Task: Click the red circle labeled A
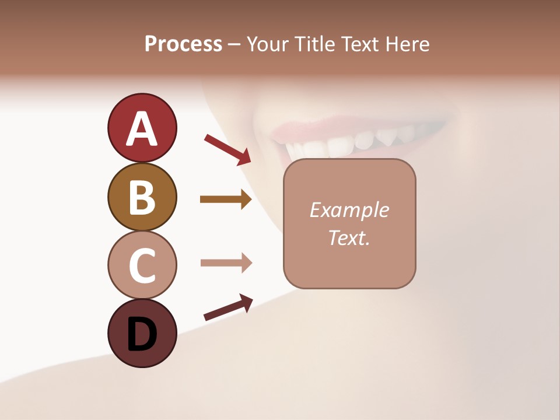(142, 128)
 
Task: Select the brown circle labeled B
(142, 197)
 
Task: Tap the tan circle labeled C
(142, 265)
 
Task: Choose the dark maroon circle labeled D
(142, 333)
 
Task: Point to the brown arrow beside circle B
(225, 199)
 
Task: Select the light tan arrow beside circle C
(225, 263)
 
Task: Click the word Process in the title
(183, 44)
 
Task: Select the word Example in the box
(349, 210)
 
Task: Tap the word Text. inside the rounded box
(349, 237)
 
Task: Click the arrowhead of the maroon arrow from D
(246, 302)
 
